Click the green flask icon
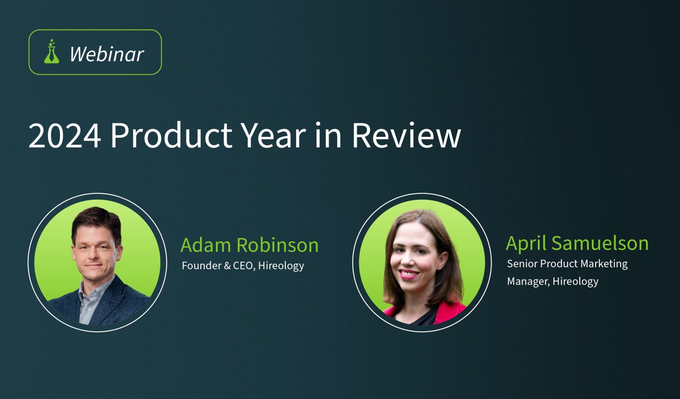coord(52,52)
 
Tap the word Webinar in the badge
coord(107,54)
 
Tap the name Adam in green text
coord(206,245)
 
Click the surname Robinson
coord(278,245)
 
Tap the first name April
coord(526,244)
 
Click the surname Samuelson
coord(600,243)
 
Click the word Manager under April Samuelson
coord(528,282)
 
